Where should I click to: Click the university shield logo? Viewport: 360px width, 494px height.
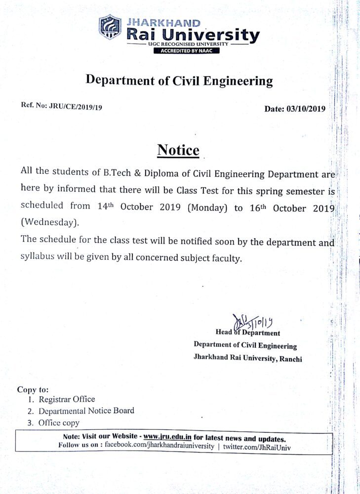[x=110, y=28]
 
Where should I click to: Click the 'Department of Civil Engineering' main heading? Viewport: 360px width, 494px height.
[x=179, y=81]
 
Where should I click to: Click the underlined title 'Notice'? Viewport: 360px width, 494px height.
[x=178, y=150]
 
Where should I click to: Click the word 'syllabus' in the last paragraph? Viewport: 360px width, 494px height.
[x=40, y=257]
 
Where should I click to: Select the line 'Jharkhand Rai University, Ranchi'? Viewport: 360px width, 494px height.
[x=247, y=359]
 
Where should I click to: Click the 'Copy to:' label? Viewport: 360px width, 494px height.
[x=33, y=389]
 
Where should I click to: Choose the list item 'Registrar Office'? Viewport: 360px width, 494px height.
[x=67, y=399]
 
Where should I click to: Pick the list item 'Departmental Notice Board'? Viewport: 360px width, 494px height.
[x=86, y=411]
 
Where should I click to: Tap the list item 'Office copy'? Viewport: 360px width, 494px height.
[x=59, y=422]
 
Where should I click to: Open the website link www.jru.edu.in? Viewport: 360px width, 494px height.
[x=167, y=437]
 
